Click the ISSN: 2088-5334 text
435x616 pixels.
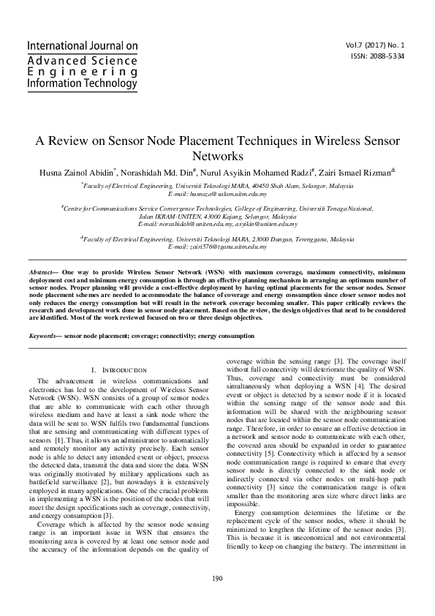coord(390,55)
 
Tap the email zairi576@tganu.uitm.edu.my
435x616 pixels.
coord(228,249)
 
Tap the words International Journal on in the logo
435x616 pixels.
coord(82,45)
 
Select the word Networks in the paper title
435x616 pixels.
coord(217,157)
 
